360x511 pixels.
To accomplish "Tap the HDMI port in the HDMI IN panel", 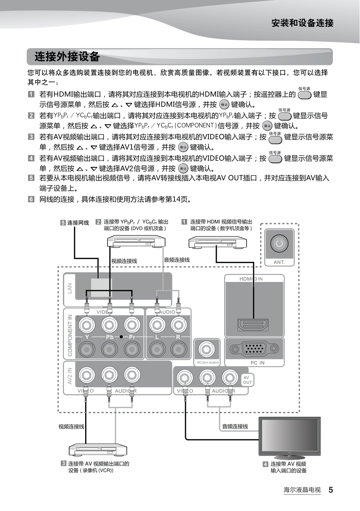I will tap(253, 325).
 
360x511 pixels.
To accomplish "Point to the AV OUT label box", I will tap(247, 379).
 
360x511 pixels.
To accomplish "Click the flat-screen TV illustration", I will tap(289, 437).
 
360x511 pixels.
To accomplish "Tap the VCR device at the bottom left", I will tap(98, 450).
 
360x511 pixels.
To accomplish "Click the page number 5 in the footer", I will tap(330, 490).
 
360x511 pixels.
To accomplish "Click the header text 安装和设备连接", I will tap(302, 23).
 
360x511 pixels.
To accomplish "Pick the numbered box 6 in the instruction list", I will tap(31, 200).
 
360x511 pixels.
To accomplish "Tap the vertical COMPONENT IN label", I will tap(70, 335).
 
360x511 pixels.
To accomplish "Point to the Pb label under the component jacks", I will tap(110, 337).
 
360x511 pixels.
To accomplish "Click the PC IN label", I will tap(258, 363).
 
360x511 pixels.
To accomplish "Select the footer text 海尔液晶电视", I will tap(302, 490).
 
